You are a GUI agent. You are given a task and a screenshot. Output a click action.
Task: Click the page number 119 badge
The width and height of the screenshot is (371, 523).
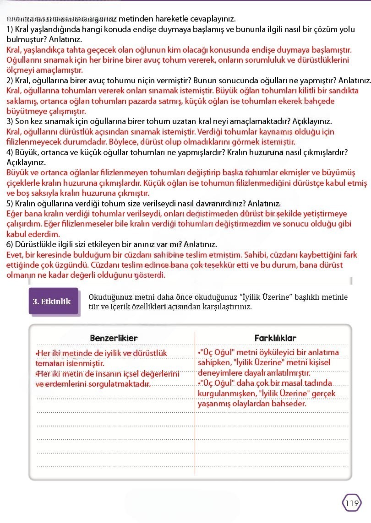click(352, 503)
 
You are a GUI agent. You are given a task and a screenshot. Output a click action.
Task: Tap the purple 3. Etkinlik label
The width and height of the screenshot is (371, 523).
click(52, 301)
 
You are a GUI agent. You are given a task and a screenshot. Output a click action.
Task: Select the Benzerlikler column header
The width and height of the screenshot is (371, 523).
click(114, 338)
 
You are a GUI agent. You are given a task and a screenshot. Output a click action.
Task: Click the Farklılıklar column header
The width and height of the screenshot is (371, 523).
click(275, 338)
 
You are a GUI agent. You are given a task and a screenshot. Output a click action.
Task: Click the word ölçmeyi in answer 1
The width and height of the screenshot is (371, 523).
click(20, 70)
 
